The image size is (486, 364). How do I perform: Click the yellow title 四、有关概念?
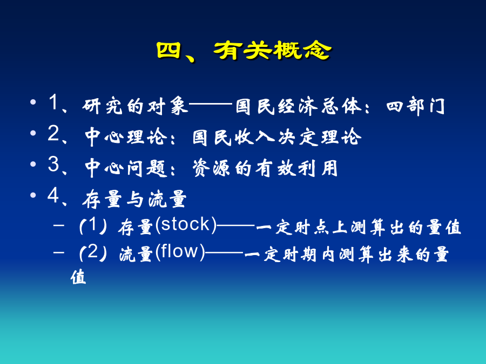(244, 51)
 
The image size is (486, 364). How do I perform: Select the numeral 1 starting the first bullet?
(53, 102)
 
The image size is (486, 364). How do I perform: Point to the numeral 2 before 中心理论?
(53, 133)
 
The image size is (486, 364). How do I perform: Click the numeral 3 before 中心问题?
(53, 164)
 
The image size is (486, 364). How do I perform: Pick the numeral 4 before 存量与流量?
(53, 195)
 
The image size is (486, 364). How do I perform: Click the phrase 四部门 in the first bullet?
(415, 106)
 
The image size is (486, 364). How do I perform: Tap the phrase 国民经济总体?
(298, 106)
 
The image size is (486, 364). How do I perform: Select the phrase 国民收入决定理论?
(277, 137)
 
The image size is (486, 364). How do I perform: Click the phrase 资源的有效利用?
(265, 168)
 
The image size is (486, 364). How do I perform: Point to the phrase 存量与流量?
(134, 199)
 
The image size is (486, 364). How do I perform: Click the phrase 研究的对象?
(135, 106)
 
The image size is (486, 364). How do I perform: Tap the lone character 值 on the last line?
(78, 277)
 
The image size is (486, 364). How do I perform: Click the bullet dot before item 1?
(33, 102)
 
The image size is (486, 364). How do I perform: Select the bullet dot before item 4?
(33, 195)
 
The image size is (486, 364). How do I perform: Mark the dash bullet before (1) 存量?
(58, 225)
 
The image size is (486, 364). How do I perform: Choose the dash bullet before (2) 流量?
(58, 252)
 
